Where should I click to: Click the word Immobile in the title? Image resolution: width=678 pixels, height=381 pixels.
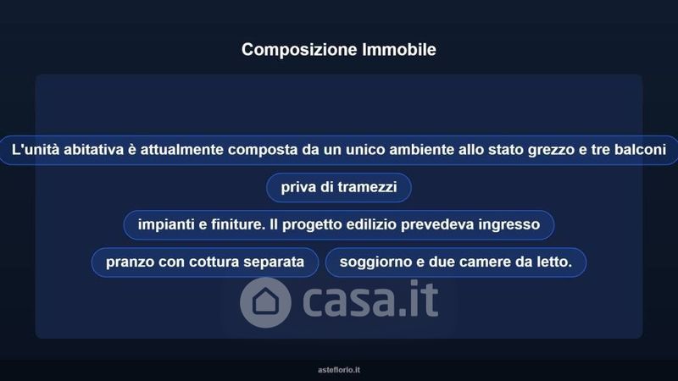[x=399, y=49]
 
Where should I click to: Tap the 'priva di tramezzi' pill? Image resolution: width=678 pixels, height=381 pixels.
[x=339, y=187]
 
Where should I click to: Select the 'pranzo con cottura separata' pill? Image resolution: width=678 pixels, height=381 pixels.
[x=205, y=262]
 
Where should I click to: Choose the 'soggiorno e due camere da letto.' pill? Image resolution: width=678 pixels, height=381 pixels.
[x=456, y=262]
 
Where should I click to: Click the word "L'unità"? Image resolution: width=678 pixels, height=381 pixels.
[x=36, y=150]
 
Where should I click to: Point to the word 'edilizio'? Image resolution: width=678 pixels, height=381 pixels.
[x=371, y=224]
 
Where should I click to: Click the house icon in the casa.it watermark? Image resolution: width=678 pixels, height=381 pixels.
[x=265, y=302]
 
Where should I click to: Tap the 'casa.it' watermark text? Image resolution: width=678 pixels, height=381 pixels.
[x=370, y=299]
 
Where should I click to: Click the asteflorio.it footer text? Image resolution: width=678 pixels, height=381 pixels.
[x=339, y=370]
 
